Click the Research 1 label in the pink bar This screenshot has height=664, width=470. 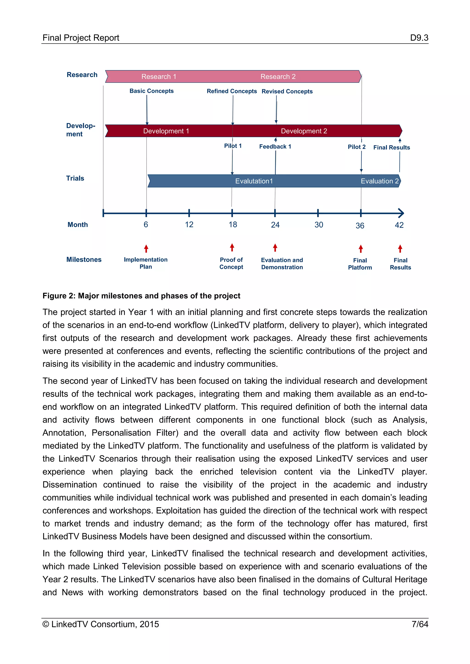(159, 77)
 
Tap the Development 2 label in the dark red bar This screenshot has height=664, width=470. (304, 131)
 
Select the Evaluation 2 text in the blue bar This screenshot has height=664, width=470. (379, 181)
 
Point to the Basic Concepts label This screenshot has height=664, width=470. (151, 91)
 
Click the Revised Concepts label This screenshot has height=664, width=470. (287, 91)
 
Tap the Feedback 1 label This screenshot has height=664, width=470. (275, 147)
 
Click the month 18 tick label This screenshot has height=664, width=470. (233, 225)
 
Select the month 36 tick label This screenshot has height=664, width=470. (360, 226)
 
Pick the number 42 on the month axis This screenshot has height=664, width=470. (399, 225)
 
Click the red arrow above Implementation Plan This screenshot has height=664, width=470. (146, 248)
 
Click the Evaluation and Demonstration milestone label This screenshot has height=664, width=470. (282, 263)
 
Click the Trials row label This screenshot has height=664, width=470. (75, 178)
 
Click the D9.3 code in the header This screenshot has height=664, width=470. (419, 38)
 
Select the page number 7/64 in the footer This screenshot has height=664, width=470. (420, 624)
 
